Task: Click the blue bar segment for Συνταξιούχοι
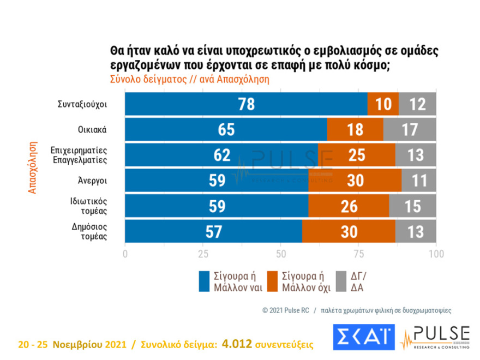point(246,104)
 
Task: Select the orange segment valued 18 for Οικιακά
point(355,129)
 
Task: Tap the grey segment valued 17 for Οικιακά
point(410,129)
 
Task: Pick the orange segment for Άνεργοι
point(355,180)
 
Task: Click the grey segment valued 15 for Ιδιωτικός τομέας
point(412,206)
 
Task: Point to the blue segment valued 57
point(213,231)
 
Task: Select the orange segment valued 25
point(357,155)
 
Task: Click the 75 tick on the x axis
point(358,254)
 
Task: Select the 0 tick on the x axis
point(125,254)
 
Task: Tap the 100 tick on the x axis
point(436,254)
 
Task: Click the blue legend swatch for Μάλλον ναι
point(203,281)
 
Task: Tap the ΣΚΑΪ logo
point(363,338)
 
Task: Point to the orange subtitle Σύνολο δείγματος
point(143,79)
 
